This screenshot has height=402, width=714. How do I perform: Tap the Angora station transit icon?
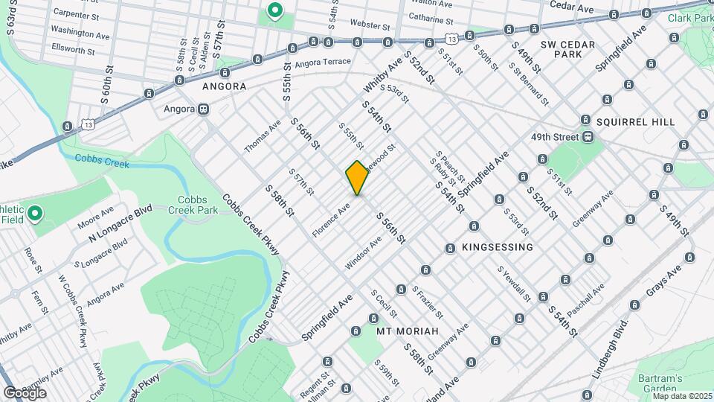(203, 109)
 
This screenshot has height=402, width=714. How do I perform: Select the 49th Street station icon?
(588, 137)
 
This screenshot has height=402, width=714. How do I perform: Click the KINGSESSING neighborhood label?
(498, 247)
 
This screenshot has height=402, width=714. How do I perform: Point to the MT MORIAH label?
(408, 331)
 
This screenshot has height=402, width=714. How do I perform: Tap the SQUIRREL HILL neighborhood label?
(635, 121)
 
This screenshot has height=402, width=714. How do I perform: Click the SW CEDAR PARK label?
(567, 49)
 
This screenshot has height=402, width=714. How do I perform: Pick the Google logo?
(25, 392)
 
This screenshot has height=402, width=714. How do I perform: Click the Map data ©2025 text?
(683, 396)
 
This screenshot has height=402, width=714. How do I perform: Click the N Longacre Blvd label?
(120, 223)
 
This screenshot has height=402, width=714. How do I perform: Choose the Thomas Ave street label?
(262, 135)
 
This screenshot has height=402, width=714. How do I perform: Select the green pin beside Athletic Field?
(35, 215)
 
